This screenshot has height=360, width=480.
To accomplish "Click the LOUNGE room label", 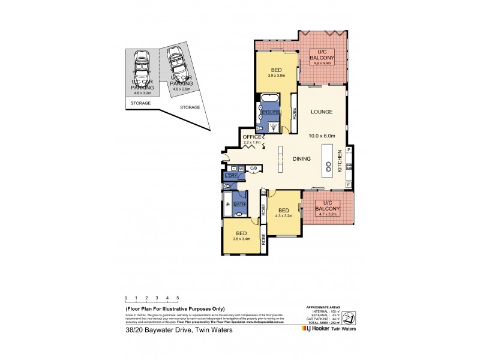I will tap(321, 112).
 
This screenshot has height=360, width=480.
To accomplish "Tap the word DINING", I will tap(301, 159).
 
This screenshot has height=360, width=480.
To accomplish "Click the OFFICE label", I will tap(252, 137).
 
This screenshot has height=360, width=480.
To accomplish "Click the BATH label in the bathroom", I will tap(239, 204).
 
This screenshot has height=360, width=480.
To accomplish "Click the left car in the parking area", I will tap(142, 63).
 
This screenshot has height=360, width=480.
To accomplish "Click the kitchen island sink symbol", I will tap(329, 169).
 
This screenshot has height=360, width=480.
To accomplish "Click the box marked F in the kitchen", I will tap(349, 185).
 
